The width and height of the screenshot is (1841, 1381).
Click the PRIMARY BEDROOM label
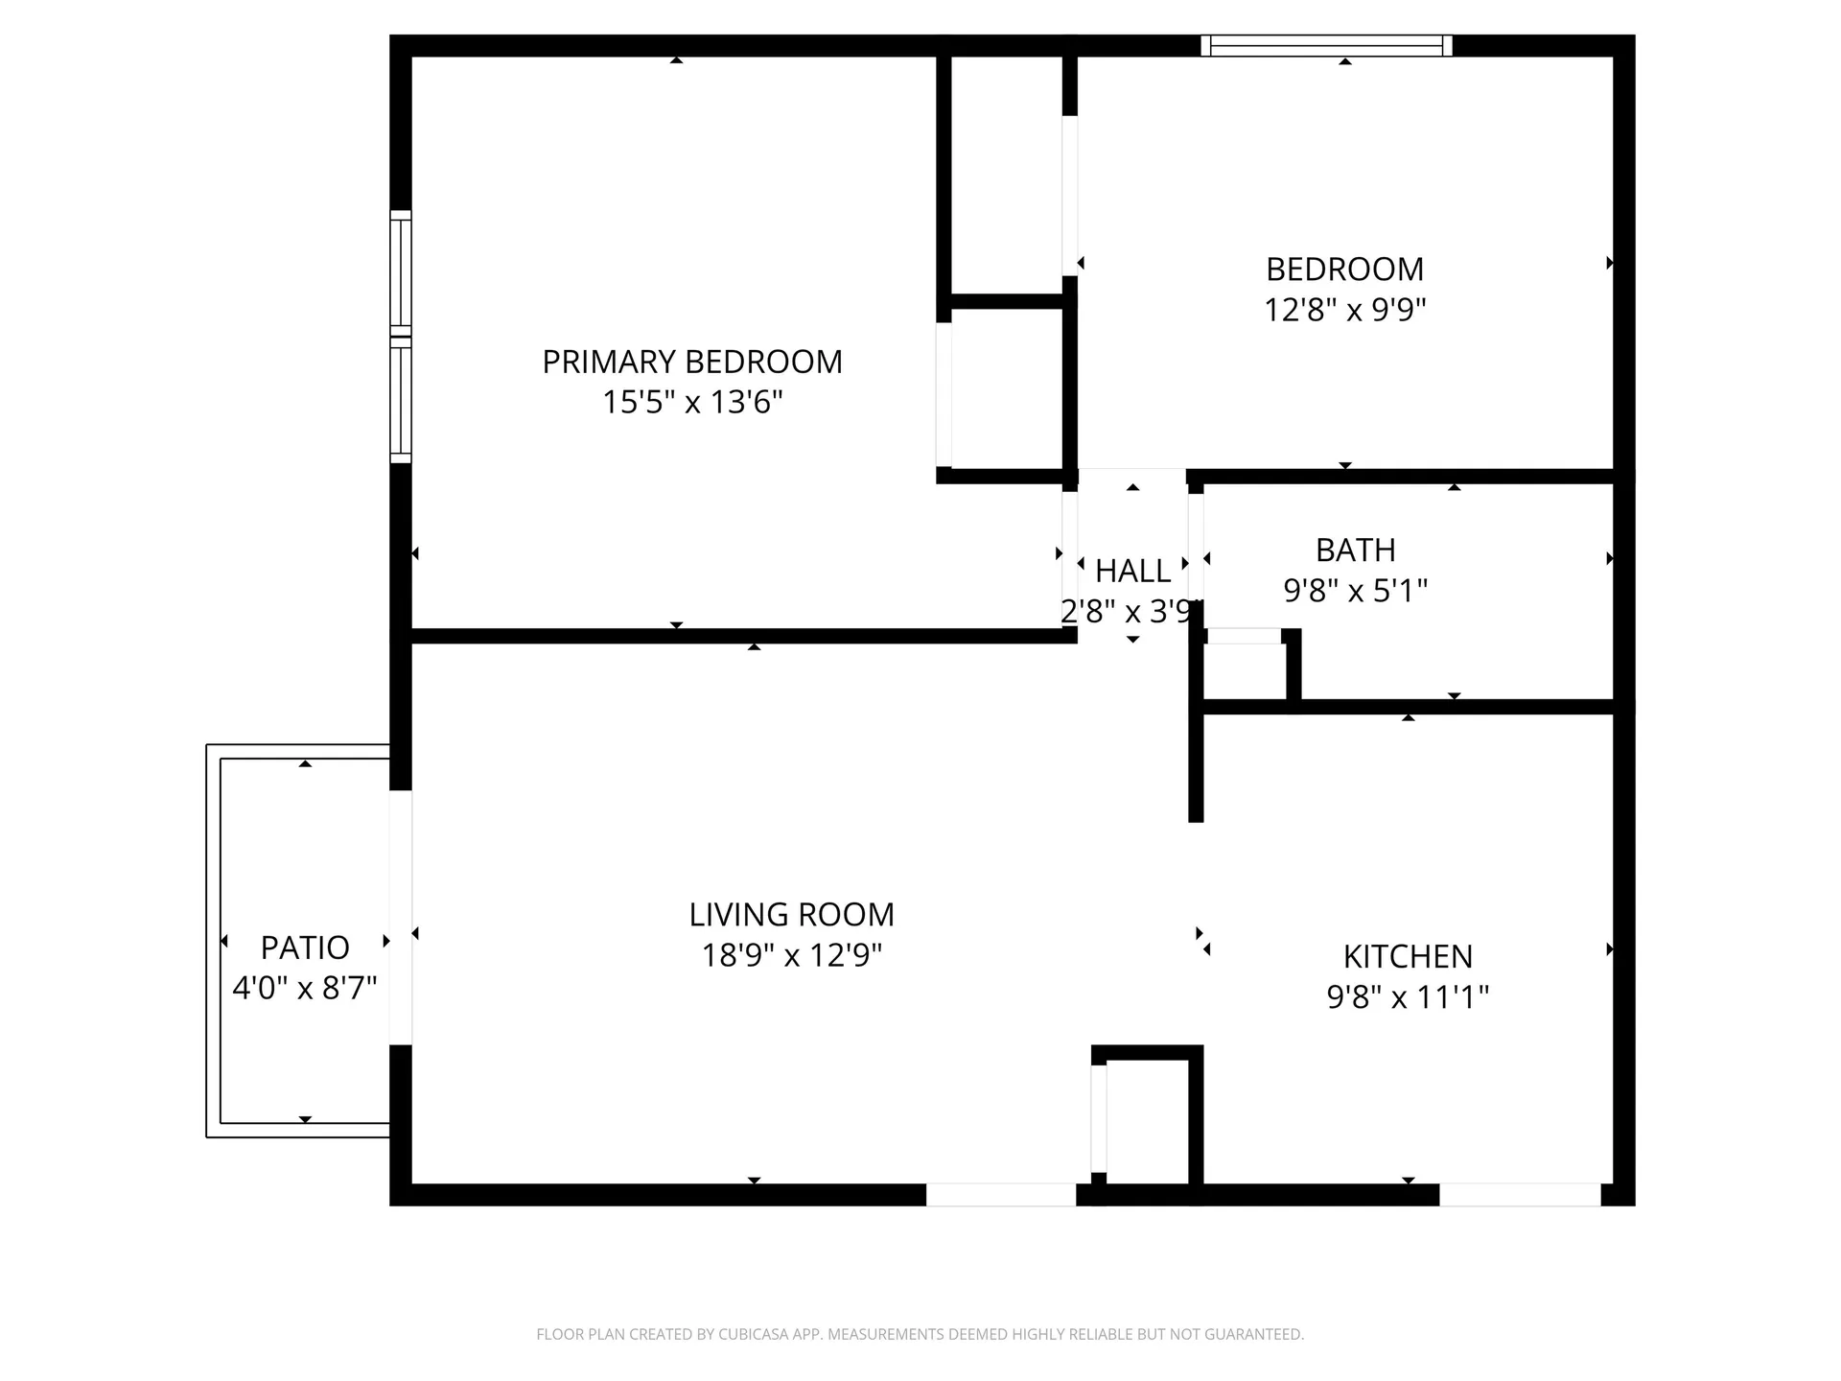point(691,362)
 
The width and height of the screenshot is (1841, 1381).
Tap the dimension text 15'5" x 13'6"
point(691,402)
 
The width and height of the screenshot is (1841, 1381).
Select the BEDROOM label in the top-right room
point(1344,269)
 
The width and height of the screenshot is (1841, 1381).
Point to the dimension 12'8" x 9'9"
point(1344,311)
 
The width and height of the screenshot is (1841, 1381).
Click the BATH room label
point(1355,550)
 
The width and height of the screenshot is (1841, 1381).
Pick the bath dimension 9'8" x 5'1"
point(1355,591)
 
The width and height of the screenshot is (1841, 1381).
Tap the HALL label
point(1132,572)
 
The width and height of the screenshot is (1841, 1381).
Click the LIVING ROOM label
point(791,915)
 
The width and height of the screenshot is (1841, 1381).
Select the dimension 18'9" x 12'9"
point(791,956)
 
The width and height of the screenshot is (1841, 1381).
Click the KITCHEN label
point(1407,957)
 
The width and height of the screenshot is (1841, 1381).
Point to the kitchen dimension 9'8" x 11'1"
point(1407,998)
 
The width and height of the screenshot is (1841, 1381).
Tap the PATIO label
point(305,948)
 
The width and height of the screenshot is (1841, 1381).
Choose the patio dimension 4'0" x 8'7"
point(305,989)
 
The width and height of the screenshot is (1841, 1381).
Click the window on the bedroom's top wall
point(1326,45)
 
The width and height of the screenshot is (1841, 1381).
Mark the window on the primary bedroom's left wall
point(401,337)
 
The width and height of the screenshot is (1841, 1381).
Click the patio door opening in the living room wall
point(401,917)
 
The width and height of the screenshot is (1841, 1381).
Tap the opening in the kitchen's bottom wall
point(1520,1195)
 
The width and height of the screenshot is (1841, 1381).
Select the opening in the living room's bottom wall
point(1000,1195)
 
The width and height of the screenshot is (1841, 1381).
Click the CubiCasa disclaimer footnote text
point(920,1334)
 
